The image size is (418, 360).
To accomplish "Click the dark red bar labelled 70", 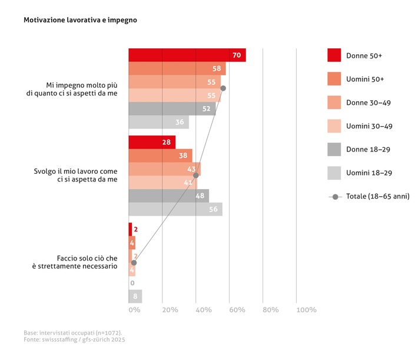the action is (187, 55).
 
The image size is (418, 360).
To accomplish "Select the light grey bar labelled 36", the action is (159, 122).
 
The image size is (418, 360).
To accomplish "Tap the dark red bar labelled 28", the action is (152, 142).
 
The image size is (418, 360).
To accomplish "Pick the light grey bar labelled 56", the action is (175, 209).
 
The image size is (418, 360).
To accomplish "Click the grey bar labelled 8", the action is (135, 296).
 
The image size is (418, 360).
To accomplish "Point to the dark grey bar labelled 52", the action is (172, 108).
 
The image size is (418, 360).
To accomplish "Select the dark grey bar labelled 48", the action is (169, 196).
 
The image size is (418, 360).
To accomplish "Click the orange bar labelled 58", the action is (177, 68).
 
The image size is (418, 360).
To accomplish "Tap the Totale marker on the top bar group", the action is (223, 88).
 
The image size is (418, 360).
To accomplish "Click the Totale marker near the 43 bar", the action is (195, 176).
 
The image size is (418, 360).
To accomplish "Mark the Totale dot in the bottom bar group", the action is (134, 263).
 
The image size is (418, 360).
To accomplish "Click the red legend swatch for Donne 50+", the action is (334, 55).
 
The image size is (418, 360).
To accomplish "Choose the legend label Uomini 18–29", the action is (369, 173).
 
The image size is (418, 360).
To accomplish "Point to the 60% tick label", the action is (237, 310).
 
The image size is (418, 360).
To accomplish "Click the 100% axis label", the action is (306, 310).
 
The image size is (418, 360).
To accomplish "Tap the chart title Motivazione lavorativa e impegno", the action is (80, 20).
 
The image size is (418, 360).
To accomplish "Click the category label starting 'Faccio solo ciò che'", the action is (75, 262).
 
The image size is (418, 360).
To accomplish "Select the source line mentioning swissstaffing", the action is (74, 339).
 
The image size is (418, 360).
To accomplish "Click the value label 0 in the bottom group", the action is (132, 283).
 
